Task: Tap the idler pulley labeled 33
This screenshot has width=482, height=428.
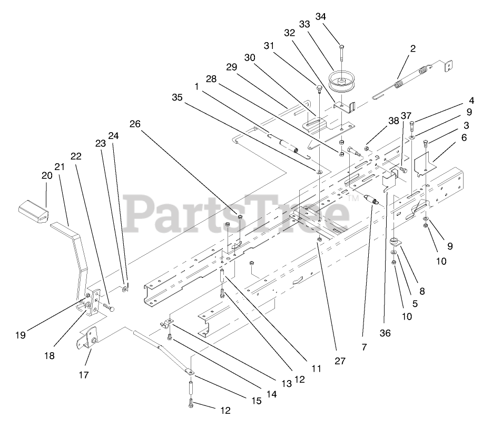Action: tap(342, 82)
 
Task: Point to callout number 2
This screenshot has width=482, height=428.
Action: tap(412, 48)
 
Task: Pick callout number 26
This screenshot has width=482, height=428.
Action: tap(135, 124)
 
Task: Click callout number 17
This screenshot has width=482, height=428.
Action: tap(84, 375)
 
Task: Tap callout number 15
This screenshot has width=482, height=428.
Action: tap(256, 401)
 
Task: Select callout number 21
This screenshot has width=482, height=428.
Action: tap(59, 167)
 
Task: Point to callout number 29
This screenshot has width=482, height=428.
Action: tap(232, 67)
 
